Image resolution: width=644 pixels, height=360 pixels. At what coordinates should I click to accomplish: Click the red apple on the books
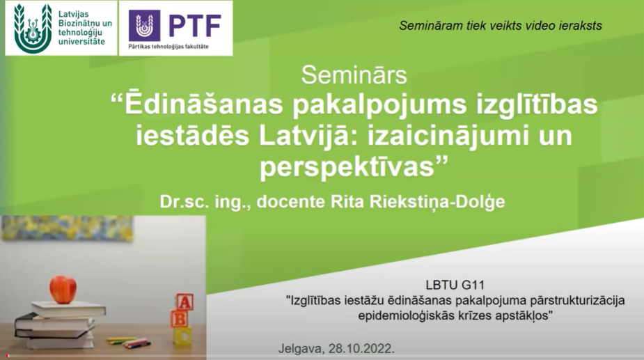click(63, 290)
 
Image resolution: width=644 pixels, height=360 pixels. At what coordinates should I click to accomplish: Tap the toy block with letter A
click(184, 302)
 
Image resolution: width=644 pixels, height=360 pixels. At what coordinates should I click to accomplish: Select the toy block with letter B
click(180, 319)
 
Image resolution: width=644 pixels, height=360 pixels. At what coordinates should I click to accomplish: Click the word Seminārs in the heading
click(354, 75)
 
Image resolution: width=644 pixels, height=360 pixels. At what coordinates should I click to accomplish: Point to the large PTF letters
click(195, 26)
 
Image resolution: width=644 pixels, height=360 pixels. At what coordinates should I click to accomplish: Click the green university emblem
click(33, 29)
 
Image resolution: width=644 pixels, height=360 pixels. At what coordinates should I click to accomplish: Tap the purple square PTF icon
click(145, 26)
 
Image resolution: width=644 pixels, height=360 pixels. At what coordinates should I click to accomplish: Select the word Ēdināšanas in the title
click(204, 104)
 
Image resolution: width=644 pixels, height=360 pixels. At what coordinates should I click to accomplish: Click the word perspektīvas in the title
click(347, 167)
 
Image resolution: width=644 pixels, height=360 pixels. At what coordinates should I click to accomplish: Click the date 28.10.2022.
click(361, 348)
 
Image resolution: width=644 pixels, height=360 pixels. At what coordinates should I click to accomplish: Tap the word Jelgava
click(301, 349)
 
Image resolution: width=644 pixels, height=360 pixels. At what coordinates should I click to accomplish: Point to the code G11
click(473, 285)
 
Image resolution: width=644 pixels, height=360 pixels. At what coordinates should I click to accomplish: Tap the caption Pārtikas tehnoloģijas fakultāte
click(168, 47)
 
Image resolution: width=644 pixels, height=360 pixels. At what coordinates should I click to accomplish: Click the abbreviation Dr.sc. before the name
click(184, 202)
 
